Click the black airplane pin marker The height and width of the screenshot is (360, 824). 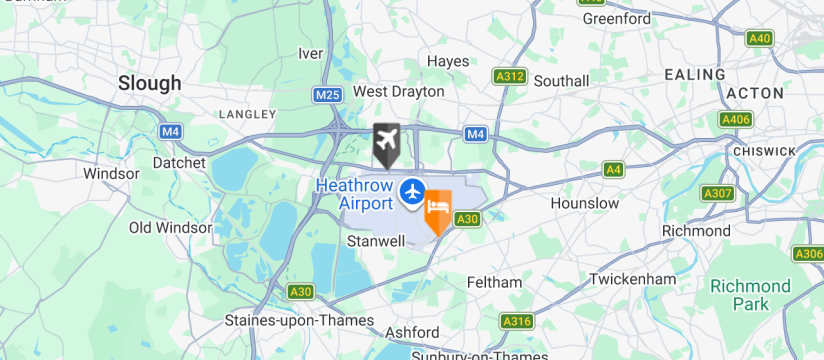tap(386, 142)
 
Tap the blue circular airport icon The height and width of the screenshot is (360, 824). tap(411, 190)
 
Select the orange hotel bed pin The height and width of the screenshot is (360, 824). tap(438, 209)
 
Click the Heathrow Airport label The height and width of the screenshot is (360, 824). tap(354, 194)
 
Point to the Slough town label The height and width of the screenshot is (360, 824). tap(150, 83)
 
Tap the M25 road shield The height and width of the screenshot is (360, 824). tap(326, 95)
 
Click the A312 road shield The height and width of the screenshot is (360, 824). tap(510, 76)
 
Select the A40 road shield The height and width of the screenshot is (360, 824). tap(760, 38)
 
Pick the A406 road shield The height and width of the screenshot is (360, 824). tap(735, 119)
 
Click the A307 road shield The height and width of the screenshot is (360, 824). tap(717, 193)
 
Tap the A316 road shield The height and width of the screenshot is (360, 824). tap(516, 321)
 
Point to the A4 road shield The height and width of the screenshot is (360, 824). tap(614, 170)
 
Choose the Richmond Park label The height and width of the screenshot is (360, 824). tap(750, 294)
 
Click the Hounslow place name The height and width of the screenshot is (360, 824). tap(585, 203)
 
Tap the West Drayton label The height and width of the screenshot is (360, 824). tap(399, 91)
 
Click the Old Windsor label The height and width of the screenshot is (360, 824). tap(171, 228)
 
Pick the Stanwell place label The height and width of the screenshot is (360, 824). tap(376, 241)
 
